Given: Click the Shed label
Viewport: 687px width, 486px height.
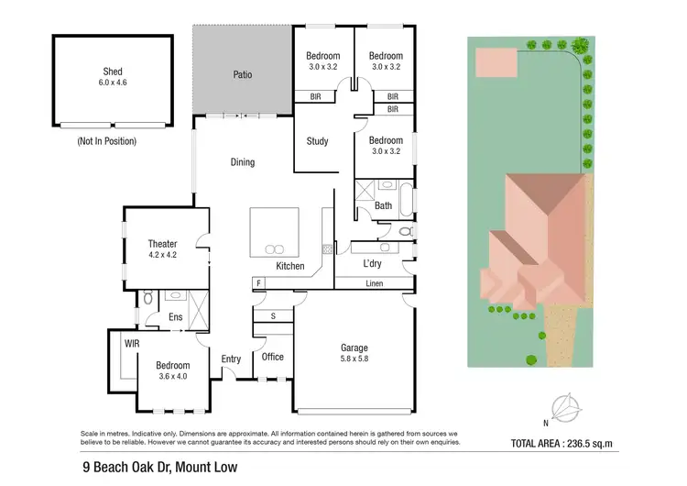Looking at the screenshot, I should pyautogui.click(x=113, y=72).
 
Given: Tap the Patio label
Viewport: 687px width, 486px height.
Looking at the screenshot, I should pyautogui.click(x=242, y=75).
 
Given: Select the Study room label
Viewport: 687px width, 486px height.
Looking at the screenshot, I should pyautogui.click(x=317, y=141).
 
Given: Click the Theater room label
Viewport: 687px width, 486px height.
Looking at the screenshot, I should pyautogui.click(x=162, y=244).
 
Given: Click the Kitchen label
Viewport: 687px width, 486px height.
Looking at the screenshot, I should pyautogui.click(x=290, y=266).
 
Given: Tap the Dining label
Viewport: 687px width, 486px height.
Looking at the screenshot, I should pyautogui.click(x=243, y=162).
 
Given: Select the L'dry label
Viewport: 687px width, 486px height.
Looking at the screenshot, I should pyautogui.click(x=372, y=264).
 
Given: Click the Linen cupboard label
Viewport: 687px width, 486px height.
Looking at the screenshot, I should pyautogui.click(x=374, y=283).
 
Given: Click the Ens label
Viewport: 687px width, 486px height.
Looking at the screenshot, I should pyautogui.click(x=176, y=318).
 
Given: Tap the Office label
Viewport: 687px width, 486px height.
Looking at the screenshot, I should pyautogui.click(x=273, y=357).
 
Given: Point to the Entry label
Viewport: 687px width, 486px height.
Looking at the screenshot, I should pyautogui.click(x=230, y=359).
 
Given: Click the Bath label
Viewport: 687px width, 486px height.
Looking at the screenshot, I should pyautogui.click(x=383, y=205).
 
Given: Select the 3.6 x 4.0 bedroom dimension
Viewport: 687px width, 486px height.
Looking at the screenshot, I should pyautogui.click(x=172, y=377).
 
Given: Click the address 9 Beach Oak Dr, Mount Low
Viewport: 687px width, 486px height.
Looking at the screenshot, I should pyautogui.click(x=158, y=468).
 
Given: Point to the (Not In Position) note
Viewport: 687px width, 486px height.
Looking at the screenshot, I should pyautogui.click(x=107, y=141).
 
